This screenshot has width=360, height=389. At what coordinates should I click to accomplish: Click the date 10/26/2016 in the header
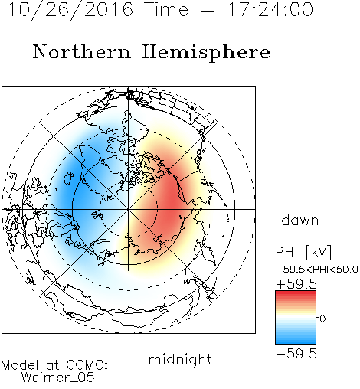(x=70, y=10)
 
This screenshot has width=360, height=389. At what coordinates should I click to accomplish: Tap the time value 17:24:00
(x=270, y=9)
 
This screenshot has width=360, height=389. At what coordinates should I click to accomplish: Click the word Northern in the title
(x=82, y=52)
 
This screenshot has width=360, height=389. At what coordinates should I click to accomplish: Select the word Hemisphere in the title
(x=206, y=52)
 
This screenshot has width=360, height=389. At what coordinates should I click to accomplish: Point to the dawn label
(x=300, y=220)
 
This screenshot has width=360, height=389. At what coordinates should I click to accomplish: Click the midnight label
(x=180, y=359)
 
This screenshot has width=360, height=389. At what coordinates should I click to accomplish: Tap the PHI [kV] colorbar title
(x=303, y=252)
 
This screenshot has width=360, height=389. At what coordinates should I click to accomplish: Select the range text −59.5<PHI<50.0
(x=317, y=270)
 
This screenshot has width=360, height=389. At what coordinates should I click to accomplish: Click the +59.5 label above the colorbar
(x=296, y=284)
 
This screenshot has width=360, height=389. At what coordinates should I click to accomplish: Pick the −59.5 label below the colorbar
(x=296, y=354)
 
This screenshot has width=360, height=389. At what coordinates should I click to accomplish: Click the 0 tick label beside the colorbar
(x=322, y=319)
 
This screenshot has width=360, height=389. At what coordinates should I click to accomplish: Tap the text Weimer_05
(x=58, y=378)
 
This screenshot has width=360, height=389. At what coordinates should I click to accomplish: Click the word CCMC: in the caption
(x=87, y=365)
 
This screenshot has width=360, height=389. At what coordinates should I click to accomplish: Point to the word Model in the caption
(x=20, y=365)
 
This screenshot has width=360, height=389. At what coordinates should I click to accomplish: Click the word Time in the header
(x=166, y=9)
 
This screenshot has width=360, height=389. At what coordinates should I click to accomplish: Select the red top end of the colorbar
(x=296, y=293)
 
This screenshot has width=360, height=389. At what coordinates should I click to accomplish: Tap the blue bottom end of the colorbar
(x=296, y=342)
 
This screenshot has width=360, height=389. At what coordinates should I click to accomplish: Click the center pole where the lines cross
(x=129, y=210)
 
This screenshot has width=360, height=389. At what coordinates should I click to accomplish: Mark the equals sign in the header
(x=208, y=10)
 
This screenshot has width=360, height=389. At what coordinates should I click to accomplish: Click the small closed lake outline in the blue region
(x=69, y=178)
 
